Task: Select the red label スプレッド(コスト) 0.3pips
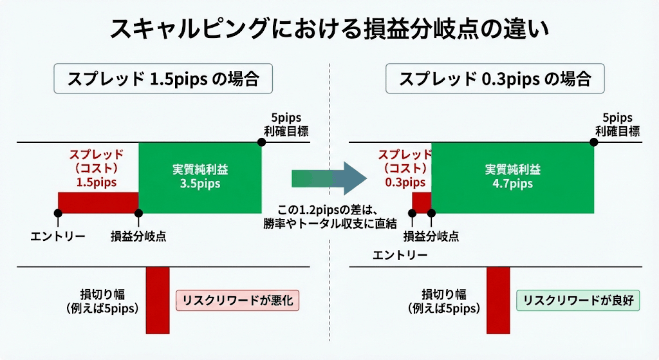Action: [404, 168]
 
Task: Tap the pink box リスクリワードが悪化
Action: [239, 300]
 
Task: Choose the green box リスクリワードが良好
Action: [578, 300]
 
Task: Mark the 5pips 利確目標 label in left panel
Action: [286, 125]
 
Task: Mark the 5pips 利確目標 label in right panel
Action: [617, 125]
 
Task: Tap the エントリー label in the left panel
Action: [58, 236]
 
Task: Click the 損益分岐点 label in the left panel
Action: [138, 236]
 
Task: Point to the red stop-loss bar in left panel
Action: [158, 299]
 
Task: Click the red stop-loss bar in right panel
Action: [498, 299]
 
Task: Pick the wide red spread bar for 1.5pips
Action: [98, 202]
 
